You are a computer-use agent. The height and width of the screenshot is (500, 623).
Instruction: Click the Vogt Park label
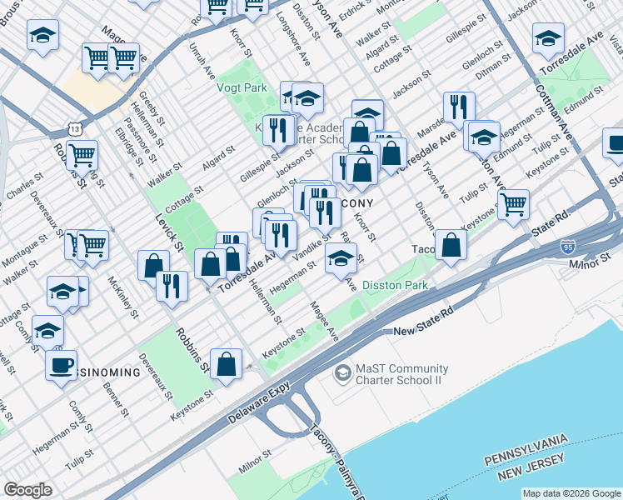click(x=242, y=87)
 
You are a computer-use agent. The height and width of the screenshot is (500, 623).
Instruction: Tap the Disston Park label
click(x=396, y=285)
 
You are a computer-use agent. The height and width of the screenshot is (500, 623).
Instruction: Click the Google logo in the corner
click(x=27, y=490)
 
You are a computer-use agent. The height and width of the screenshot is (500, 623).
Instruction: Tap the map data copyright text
click(x=571, y=493)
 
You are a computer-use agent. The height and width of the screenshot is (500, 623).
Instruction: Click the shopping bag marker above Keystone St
click(x=227, y=362)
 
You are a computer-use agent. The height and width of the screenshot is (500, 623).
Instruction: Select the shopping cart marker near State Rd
click(x=514, y=202)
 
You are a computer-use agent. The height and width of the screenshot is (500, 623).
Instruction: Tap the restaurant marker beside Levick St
click(x=172, y=286)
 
